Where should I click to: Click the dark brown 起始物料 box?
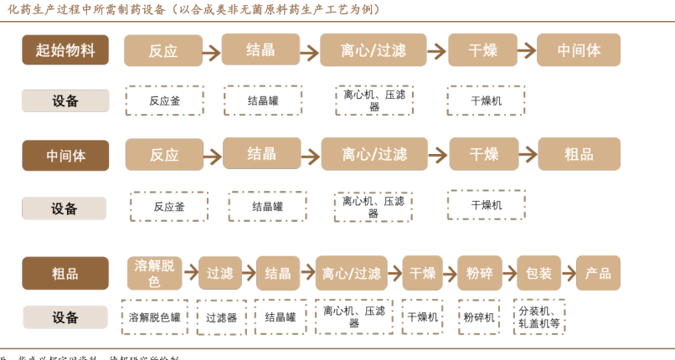click(65, 50)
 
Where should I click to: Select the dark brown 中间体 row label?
click(65, 155)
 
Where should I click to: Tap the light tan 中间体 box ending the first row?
click(579, 50)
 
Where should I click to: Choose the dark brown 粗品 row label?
click(65, 273)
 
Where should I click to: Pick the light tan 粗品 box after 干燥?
click(579, 154)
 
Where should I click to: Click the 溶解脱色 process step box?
click(154, 273)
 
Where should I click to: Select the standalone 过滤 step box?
click(219, 273)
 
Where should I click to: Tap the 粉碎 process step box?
click(479, 273)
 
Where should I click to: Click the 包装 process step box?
click(538, 273)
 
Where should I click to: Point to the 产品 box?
click(598, 273)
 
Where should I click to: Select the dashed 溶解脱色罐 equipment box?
click(155, 317)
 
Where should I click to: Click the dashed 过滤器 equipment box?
click(221, 317)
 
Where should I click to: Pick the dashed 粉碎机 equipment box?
click(479, 317)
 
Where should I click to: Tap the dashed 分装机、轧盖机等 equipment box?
click(538, 316)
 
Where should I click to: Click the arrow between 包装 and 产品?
click(569, 273)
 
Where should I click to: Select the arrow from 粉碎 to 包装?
click(509, 273)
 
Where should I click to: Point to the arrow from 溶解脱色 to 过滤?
click(190, 273)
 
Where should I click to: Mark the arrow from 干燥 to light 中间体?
click(527, 50)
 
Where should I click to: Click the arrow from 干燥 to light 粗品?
click(528, 155)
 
